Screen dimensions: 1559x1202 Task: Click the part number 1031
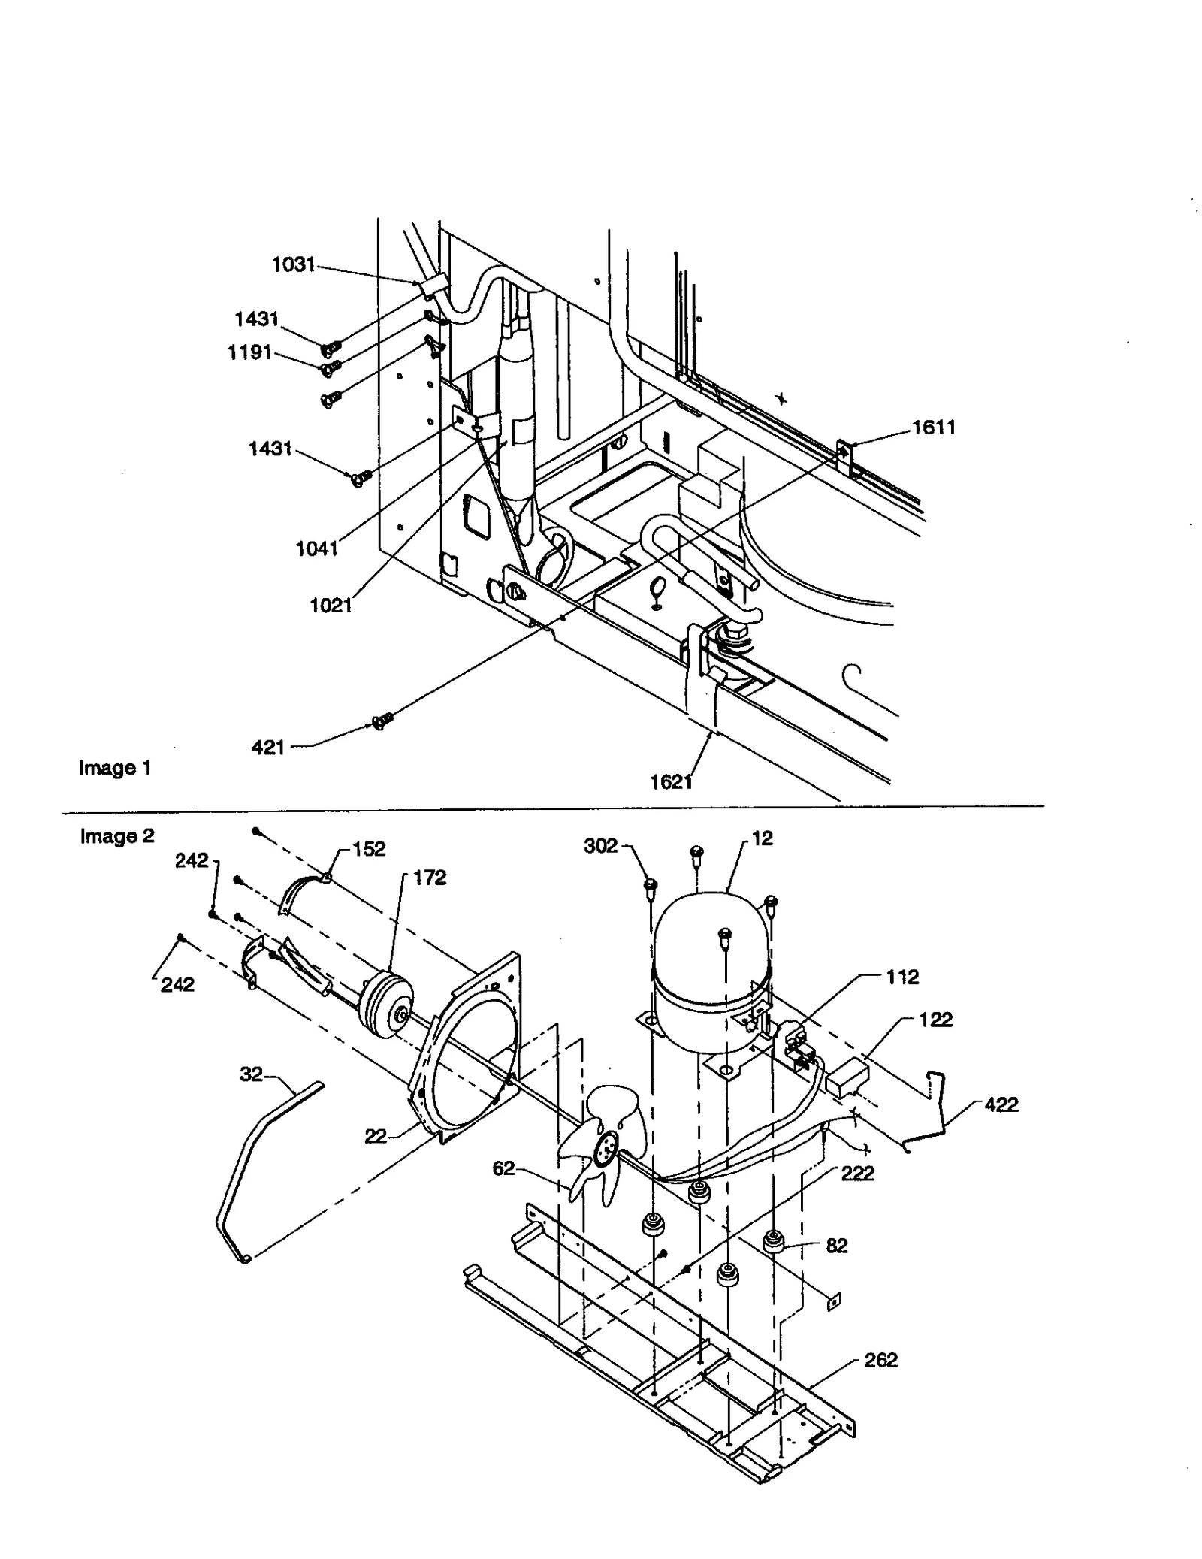point(293,264)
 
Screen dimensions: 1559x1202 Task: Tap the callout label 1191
point(249,352)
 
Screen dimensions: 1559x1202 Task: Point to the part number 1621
point(671,782)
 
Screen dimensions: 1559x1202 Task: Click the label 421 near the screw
point(268,747)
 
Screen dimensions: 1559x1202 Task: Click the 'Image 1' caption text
point(115,768)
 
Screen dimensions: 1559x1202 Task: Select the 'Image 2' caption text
point(117,836)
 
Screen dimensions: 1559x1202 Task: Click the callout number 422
point(1001,1104)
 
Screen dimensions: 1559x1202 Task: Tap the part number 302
point(600,846)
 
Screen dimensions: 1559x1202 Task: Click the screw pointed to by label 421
point(382,721)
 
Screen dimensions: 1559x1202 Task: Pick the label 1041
point(316,548)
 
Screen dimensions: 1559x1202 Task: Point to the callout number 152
point(369,849)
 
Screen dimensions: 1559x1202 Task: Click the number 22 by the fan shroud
point(376,1137)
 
